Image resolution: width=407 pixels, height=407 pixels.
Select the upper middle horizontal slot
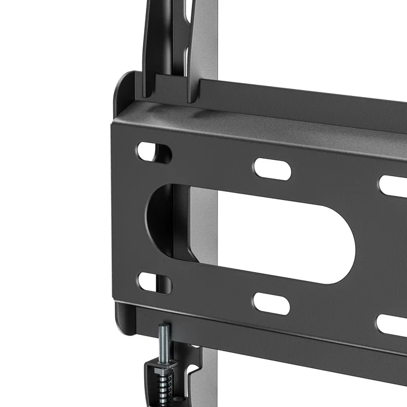(x=272, y=168)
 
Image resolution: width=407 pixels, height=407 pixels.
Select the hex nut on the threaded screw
(x=163, y=367)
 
